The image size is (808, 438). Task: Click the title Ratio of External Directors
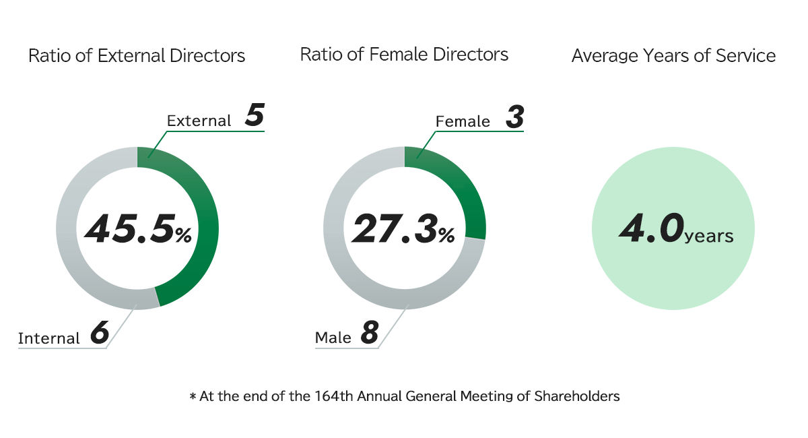click(x=137, y=55)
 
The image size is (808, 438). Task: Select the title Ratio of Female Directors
click(x=404, y=54)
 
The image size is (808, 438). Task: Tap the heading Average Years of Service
click(x=673, y=56)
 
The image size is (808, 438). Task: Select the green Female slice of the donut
click(x=458, y=189)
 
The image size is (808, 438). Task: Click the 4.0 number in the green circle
click(x=650, y=229)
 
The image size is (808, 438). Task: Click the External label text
click(x=199, y=121)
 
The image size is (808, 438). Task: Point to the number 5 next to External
click(x=254, y=116)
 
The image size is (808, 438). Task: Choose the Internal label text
click(x=48, y=338)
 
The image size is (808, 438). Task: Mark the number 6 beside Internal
click(x=99, y=334)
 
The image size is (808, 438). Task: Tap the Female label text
click(x=463, y=121)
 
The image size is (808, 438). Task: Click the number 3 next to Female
click(x=514, y=117)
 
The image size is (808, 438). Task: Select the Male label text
click(x=333, y=338)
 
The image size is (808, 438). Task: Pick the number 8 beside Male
click(x=369, y=334)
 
